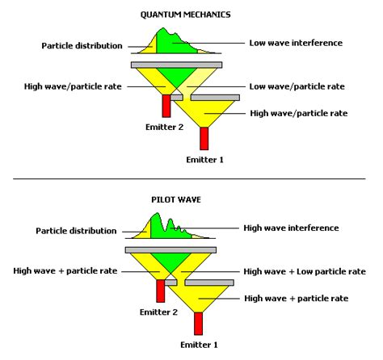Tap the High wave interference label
pos(292,228)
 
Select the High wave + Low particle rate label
pos(305,271)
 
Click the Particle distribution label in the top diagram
pos(82,45)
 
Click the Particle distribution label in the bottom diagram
pos(76,231)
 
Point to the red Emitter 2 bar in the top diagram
pos(166,105)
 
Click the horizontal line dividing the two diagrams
pos(191,178)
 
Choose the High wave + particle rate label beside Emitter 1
pos(297,298)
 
